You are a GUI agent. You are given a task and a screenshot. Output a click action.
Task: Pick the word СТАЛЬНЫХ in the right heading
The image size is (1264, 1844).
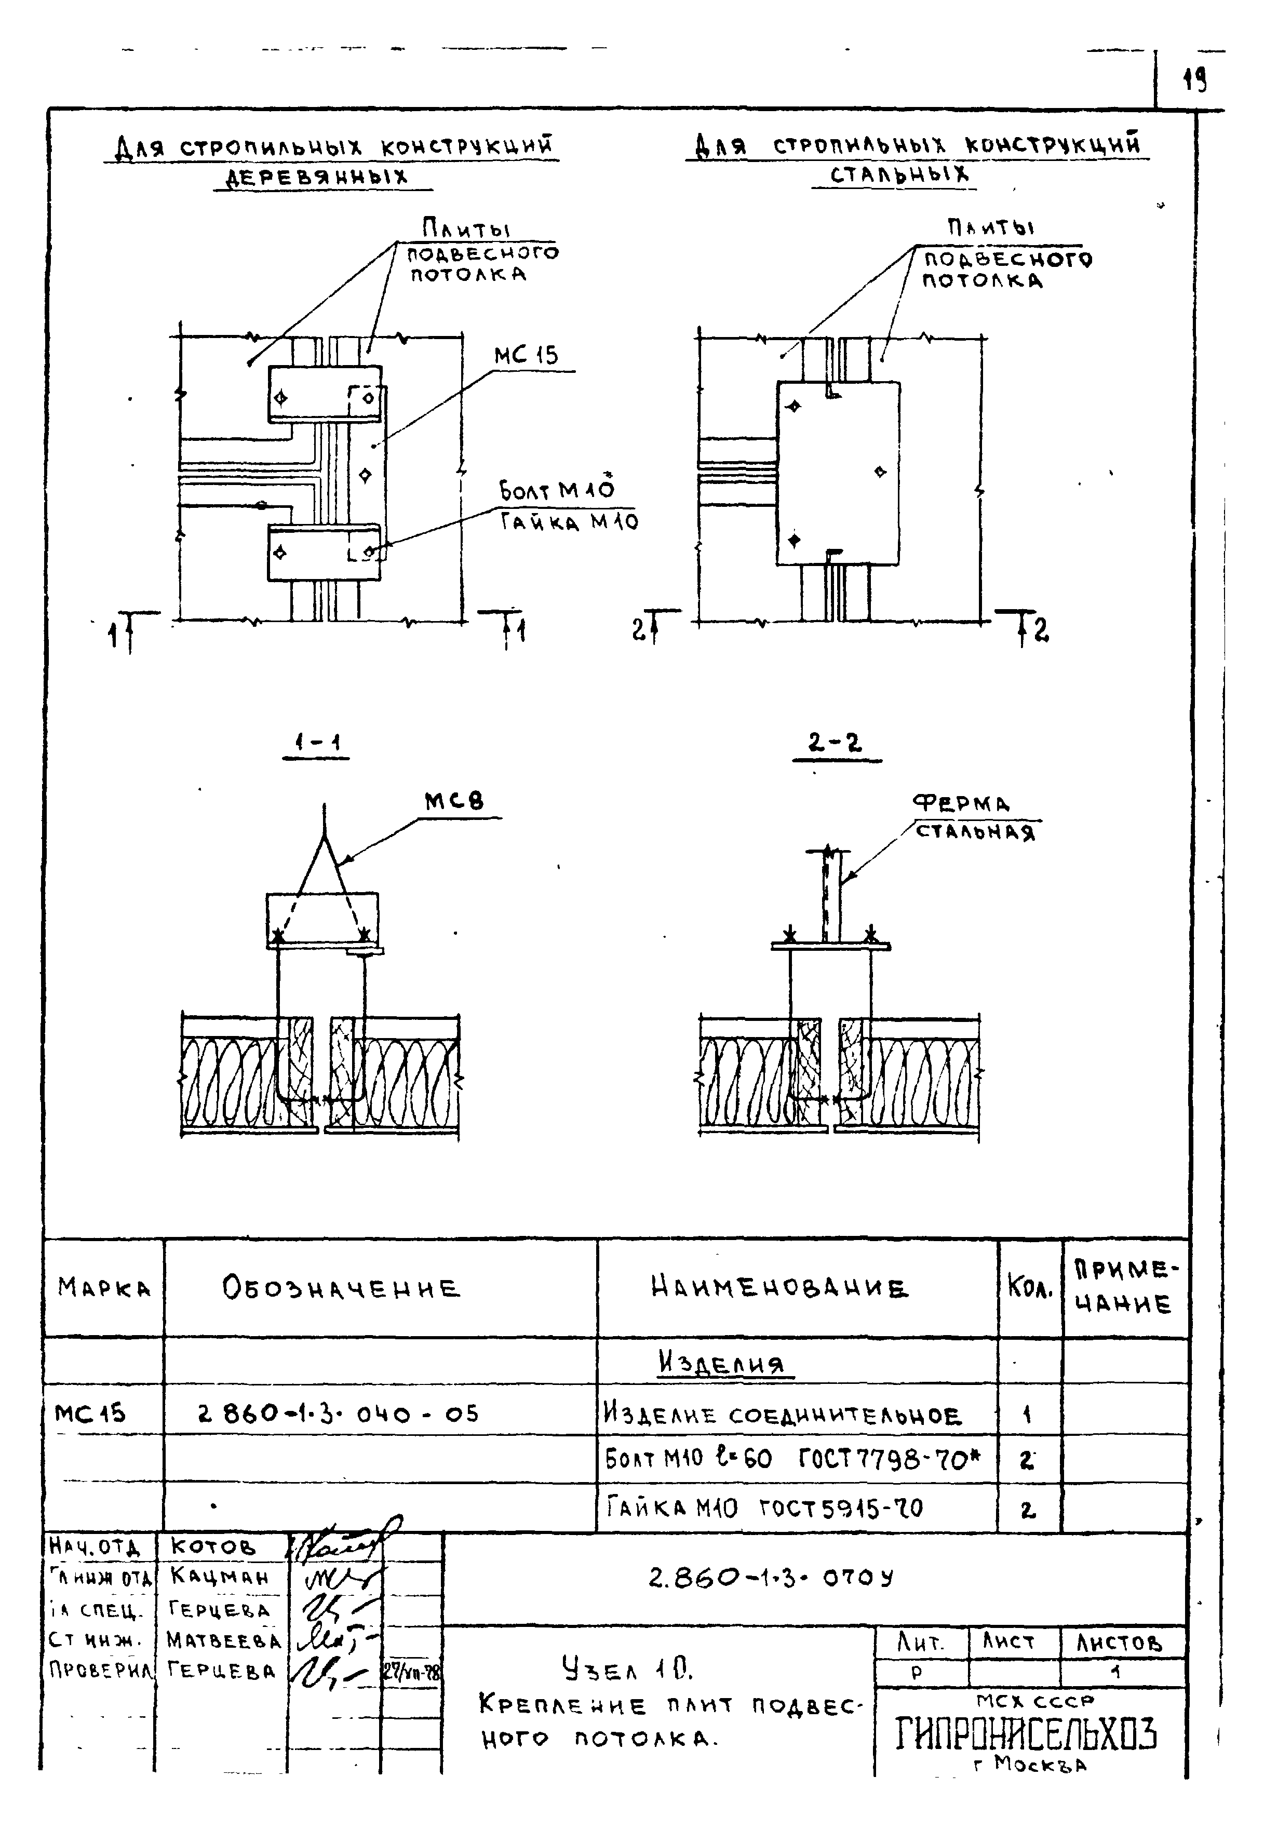(899, 174)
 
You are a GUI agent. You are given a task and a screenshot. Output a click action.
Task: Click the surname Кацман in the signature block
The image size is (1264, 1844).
(219, 1576)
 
